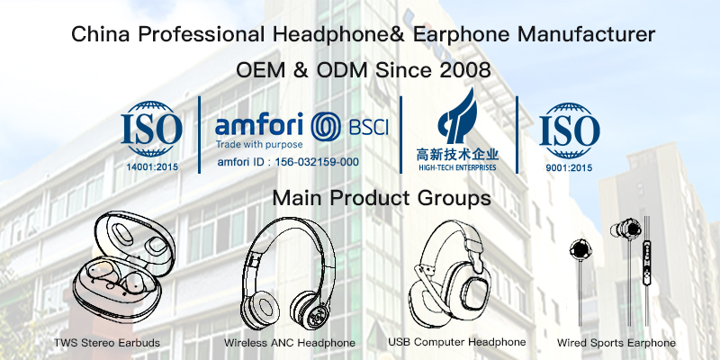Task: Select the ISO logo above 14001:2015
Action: [151, 129]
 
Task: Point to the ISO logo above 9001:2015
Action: [570, 130]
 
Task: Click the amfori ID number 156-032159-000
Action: [317, 162]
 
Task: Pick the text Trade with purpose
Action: [259, 145]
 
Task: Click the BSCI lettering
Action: [369, 127]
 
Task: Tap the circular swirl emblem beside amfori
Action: [326, 127]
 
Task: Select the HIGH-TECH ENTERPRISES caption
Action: [457, 167]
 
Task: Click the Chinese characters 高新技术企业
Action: [457, 154]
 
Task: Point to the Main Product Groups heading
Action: [382, 198]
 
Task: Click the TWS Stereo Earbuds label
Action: [107, 343]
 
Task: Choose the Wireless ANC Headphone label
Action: [289, 343]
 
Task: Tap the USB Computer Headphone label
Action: [457, 342]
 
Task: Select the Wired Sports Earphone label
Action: [616, 343]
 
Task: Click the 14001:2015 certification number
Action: [152, 167]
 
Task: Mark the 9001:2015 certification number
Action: [570, 168]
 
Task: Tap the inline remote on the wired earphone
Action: [647, 265]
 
